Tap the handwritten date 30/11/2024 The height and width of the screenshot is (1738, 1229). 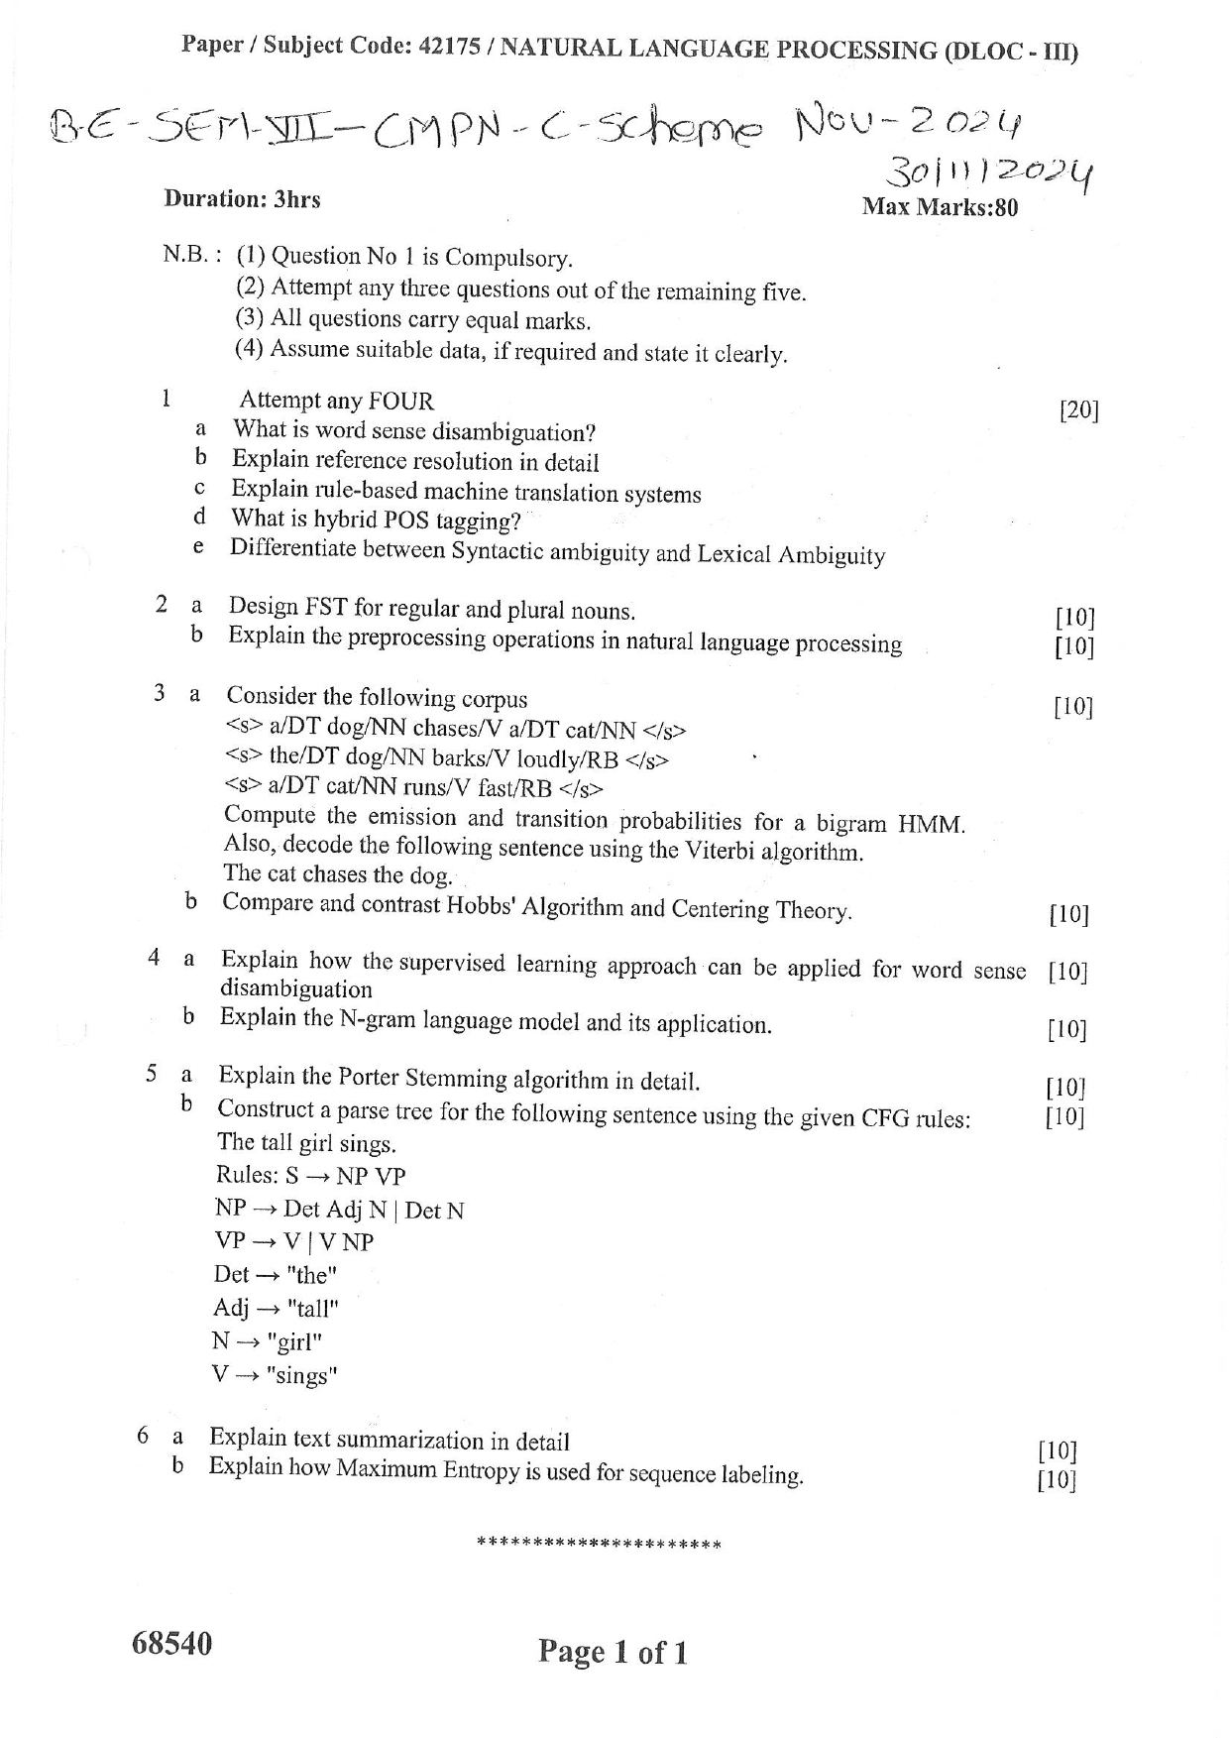point(989,175)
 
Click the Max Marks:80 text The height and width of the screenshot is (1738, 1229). point(940,207)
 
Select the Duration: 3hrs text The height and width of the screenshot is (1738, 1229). point(242,199)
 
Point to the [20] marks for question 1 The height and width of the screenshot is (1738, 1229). point(1078,409)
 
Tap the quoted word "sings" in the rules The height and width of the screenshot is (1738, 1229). point(302,1376)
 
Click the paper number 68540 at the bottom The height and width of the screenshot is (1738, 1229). point(171,1644)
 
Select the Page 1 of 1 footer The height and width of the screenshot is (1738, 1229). point(613,1652)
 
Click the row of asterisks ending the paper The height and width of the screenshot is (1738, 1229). point(599,1544)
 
